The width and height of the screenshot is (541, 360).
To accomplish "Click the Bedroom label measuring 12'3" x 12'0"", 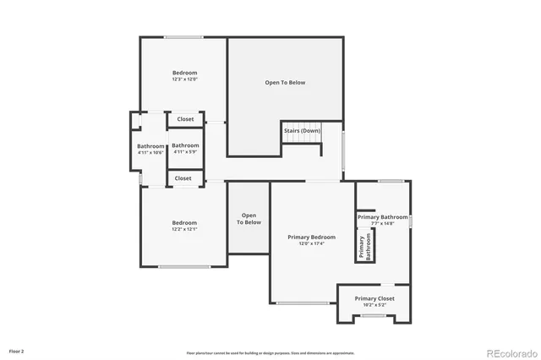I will (x=184, y=74).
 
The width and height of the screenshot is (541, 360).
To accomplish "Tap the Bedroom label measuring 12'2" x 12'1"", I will (x=184, y=223).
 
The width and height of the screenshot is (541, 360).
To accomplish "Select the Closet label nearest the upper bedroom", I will (x=185, y=119).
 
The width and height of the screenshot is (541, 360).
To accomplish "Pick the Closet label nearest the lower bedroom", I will (x=183, y=178).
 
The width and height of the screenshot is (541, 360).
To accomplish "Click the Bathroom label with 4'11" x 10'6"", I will (x=150, y=146).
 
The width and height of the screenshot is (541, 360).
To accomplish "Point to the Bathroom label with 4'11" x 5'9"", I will (x=185, y=146).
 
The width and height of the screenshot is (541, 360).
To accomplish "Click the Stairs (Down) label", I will (x=302, y=131).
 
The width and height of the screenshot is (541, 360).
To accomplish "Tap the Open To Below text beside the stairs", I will (x=285, y=83).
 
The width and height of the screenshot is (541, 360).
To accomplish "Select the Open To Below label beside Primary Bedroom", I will (x=249, y=219).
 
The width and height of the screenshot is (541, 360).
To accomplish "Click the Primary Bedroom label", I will (x=312, y=237).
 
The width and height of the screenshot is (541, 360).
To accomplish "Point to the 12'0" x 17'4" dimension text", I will (x=312, y=244).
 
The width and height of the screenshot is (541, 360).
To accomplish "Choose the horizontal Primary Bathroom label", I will (x=382, y=217).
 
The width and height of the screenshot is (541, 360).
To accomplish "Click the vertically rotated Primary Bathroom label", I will (x=364, y=247).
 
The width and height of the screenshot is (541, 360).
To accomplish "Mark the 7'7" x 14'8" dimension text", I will (x=382, y=224).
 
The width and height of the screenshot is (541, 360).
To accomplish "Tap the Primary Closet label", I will (x=374, y=298).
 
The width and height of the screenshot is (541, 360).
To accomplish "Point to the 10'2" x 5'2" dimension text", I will (x=374, y=305).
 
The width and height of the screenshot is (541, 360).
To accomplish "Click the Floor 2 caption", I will (x=17, y=350).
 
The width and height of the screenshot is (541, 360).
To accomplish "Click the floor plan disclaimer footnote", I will (x=270, y=353).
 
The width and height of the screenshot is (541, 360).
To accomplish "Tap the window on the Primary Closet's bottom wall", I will (x=373, y=316).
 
